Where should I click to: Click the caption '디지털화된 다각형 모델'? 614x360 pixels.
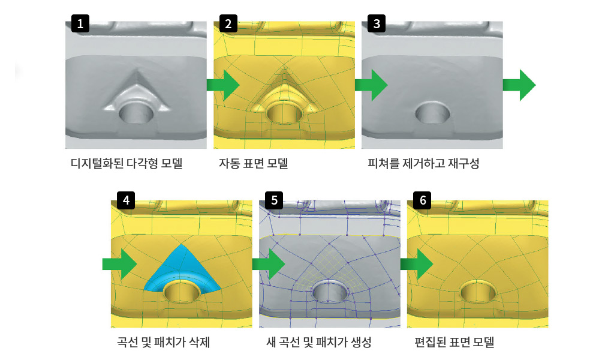tap(126, 163)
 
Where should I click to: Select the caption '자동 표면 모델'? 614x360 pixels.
tap(253, 163)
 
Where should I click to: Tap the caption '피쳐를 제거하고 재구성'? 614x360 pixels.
tap(423, 163)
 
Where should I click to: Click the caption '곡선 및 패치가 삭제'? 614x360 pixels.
tap(163, 343)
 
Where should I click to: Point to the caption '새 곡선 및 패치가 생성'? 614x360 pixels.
tap(318, 343)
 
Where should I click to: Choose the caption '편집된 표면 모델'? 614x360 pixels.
tap(454, 343)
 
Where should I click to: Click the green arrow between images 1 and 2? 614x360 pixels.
tap(223, 85)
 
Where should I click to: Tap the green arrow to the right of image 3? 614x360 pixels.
tap(519, 85)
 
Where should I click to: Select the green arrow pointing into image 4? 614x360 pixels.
tap(120, 264)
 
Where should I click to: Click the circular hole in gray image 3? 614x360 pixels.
tap(433, 112)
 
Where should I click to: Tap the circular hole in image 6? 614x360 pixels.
tap(478, 292)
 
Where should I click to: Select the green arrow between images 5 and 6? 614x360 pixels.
tap(417, 264)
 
